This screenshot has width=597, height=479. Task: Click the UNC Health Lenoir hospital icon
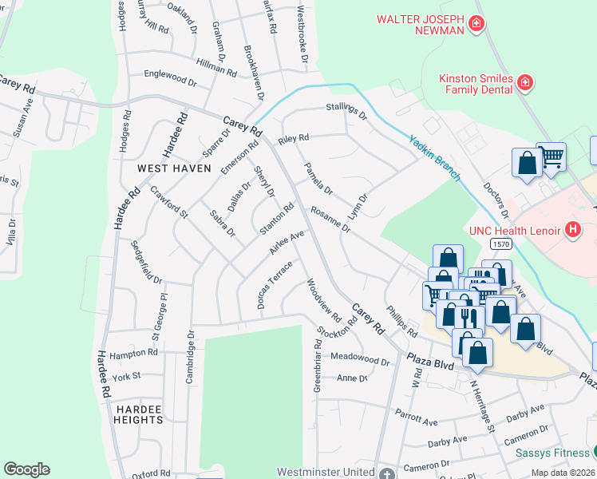point(571,230)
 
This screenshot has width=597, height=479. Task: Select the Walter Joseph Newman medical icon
point(476,26)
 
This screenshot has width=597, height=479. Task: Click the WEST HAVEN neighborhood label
point(174,168)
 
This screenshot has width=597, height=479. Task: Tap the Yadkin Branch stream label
point(434,156)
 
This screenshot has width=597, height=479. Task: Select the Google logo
point(26,469)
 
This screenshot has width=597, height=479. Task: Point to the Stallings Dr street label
point(345,109)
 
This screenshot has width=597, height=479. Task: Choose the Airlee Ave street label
point(287,243)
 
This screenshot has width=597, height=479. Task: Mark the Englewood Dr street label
point(169,79)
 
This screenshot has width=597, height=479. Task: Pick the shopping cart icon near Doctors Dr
point(551,157)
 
